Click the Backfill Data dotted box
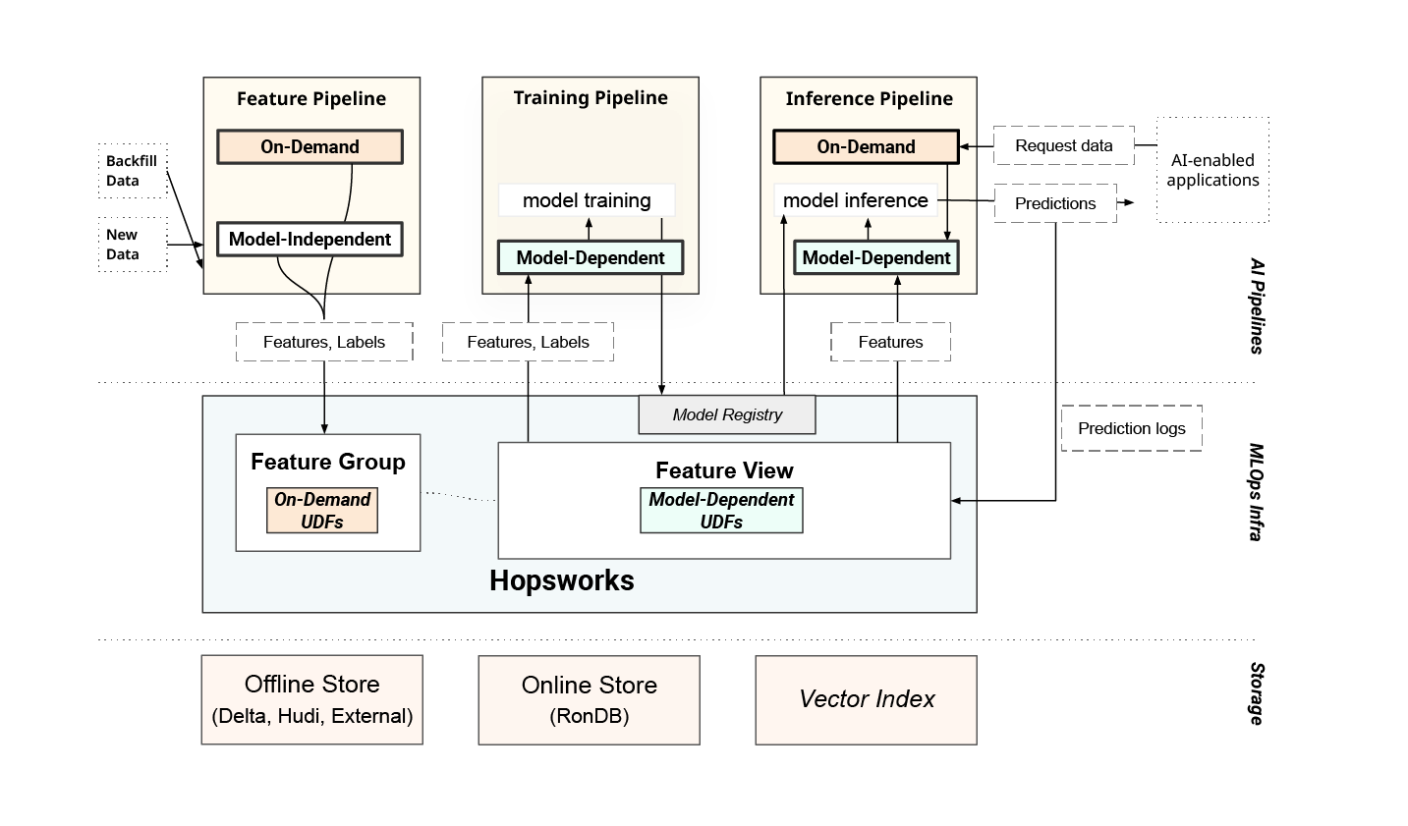(x=133, y=170)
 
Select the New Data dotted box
(x=133, y=245)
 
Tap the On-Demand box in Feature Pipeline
(x=310, y=147)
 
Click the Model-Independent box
(x=310, y=240)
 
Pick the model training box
(x=587, y=200)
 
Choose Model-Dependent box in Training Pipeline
(x=591, y=258)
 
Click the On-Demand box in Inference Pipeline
(x=866, y=147)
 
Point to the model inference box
(x=855, y=200)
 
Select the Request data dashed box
(x=1063, y=145)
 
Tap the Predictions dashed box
(x=1055, y=203)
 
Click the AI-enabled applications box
(x=1212, y=170)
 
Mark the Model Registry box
(x=727, y=414)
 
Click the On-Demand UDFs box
(x=322, y=511)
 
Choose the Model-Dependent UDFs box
(x=721, y=511)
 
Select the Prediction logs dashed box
(x=1131, y=428)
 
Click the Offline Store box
(x=311, y=699)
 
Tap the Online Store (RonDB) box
(x=589, y=699)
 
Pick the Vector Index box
(x=866, y=699)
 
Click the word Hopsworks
(x=562, y=580)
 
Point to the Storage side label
(x=1256, y=693)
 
